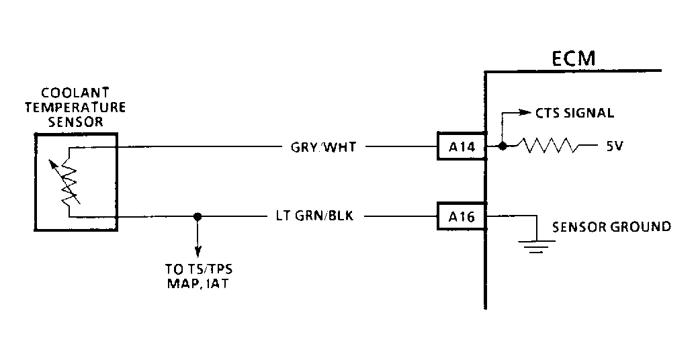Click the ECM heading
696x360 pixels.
click(x=573, y=58)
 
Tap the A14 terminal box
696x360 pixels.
click(x=460, y=146)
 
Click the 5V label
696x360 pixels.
click(x=614, y=146)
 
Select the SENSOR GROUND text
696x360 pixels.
click(x=611, y=227)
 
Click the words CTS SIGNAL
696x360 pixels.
click(x=574, y=113)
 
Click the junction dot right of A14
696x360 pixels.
click(x=503, y=146)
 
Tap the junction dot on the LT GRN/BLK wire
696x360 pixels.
click(x=197, y=217)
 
